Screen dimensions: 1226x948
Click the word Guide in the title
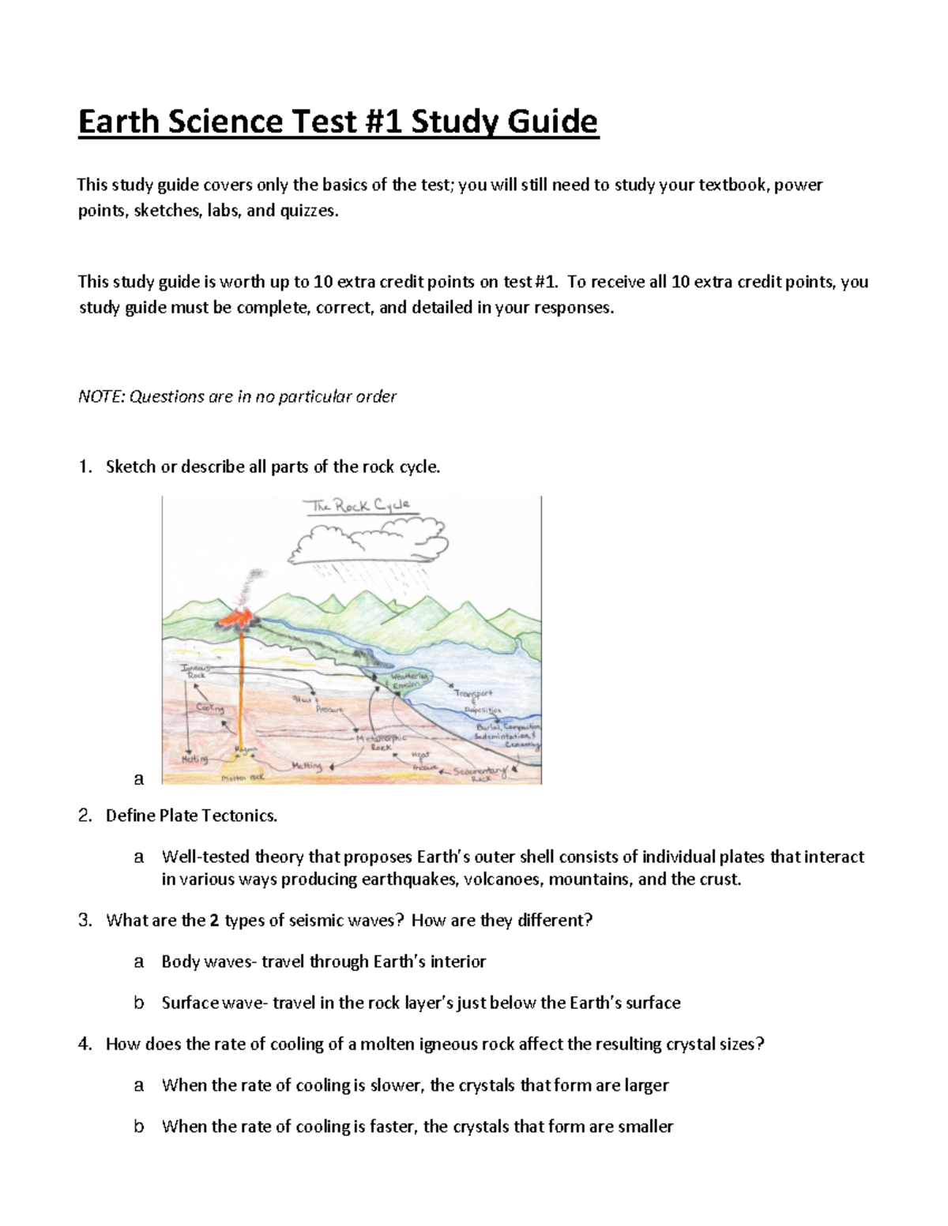point(552,122)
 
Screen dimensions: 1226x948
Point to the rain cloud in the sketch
point(367,542)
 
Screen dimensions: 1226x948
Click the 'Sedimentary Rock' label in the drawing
point(482,773)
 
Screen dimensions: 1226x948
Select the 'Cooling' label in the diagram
point(210,708)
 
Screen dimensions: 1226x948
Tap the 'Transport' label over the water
point(473,694)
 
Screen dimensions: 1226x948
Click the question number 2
point(85,815)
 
